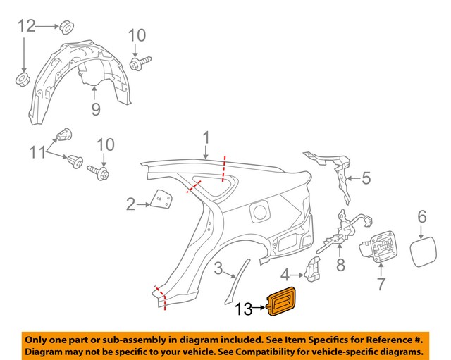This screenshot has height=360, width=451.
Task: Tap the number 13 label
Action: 244,308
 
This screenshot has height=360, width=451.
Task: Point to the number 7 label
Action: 381,285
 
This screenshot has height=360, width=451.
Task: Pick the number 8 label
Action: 340,266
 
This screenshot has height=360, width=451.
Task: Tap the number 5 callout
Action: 366,179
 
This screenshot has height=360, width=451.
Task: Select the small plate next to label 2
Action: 162,201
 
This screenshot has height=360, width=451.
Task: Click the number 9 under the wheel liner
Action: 96,109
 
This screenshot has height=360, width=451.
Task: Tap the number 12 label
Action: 26,26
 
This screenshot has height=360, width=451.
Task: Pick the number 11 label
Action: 35,151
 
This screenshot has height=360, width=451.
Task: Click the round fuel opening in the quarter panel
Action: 259,211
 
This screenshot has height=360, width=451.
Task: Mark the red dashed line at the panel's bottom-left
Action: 161,297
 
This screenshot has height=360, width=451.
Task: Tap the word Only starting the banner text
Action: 39,338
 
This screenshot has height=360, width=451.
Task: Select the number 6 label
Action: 421,216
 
